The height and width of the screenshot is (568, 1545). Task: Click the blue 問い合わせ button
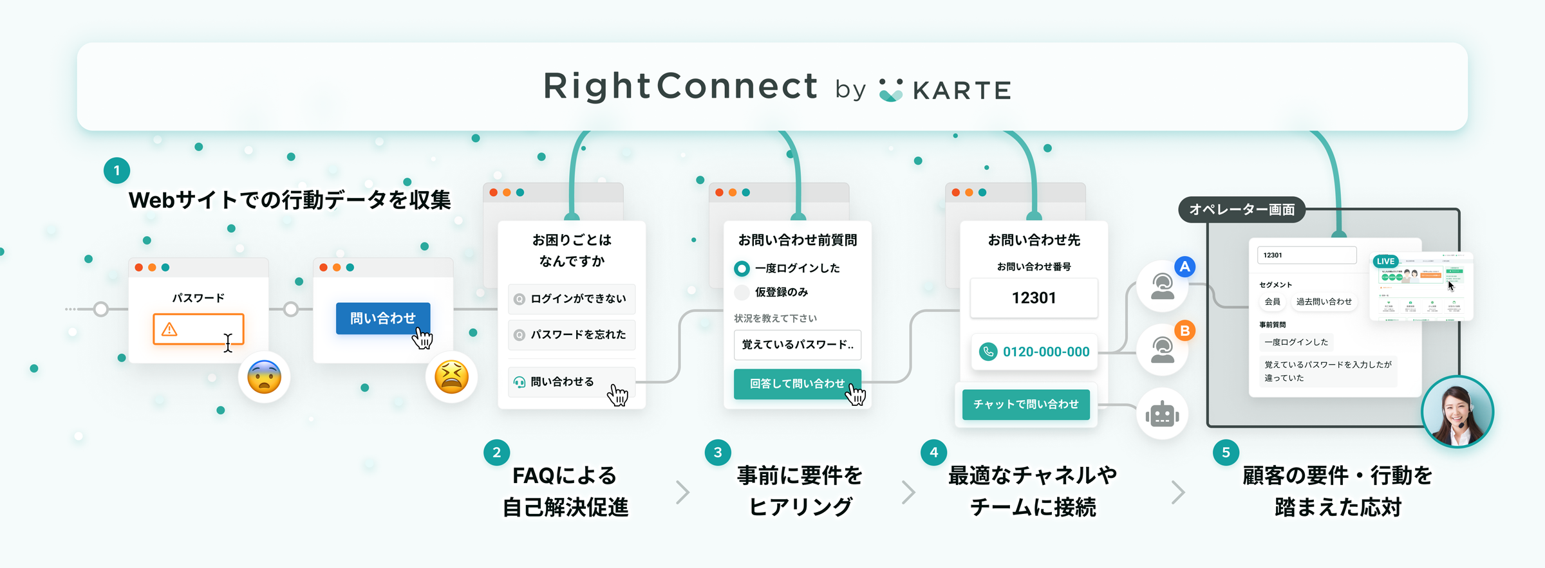pyautogui.click(x=382, y=318)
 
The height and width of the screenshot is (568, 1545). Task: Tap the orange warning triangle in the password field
pyautogui.click(x=169, y=329)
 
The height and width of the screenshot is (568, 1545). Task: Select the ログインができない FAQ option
pyautogui.click(x=572, y=298)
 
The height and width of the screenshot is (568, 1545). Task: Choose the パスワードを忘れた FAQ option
pyautogui.click(x=572, y=334)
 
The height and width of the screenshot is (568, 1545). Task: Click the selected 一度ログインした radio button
pyautogui.click(x=742, y=268)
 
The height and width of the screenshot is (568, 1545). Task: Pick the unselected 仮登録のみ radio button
pyautogui.click(x=742, y=292)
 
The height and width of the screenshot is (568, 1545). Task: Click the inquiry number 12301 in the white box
pyautogui.click(x=1033, y=298)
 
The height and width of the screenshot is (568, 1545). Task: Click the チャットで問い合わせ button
pyautogui.click(x=1025, y=404)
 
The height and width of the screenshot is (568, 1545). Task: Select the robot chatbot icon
pyautogui.click(x=1162, y=414)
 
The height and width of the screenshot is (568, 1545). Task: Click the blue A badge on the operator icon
pyautogui.click(x=1184, y=266)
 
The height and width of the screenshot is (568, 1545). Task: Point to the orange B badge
pyautogui.click(x=1184, y=331)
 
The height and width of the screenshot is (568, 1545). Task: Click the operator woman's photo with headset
pyautogui.click(x=1457, y=412)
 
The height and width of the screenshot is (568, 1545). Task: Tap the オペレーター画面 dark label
pyautogui.click(x=1241, y=210)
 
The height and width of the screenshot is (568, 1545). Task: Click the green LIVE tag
pyautogui.click(x=1385, y=261)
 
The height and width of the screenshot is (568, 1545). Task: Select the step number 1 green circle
pyautogui.click(x=117, y=170)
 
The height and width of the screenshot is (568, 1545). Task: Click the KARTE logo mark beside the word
pyautogui.click(x=891, y=90)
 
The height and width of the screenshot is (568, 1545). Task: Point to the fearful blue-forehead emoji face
pyautogui.click(x=264, y=377)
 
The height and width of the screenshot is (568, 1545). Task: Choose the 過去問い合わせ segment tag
pyautogui.click(x=1324, y=302)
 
